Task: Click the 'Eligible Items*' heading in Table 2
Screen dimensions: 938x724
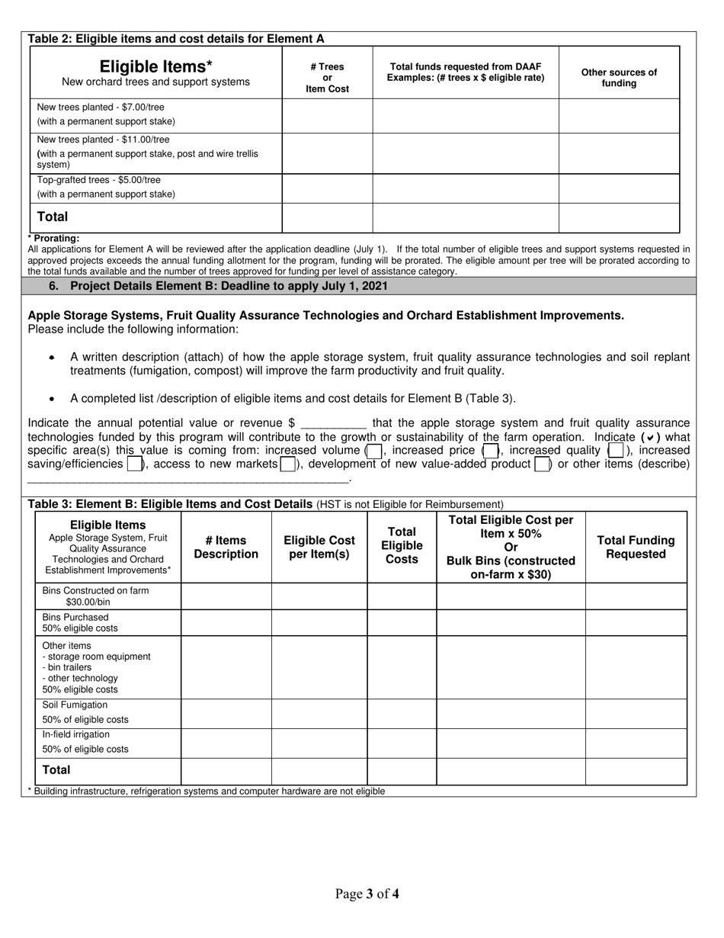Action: (x=155, y=66)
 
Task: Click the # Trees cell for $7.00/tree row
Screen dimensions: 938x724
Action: (x=327, y=116)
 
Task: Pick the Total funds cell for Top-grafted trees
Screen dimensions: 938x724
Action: (x=465, y=188)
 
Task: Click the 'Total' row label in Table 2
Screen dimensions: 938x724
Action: (x=53, y=217)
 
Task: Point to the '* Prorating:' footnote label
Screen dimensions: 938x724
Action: (x=53, y=239)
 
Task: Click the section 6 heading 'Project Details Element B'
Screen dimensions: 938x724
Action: (x=229, y=286)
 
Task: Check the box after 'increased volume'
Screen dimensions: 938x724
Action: (x=373, y=451)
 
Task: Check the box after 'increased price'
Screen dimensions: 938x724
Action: (x=491, y=451)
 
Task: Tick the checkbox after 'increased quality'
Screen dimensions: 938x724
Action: (x=616, y=451)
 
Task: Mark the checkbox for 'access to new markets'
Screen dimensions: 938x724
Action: (x=288, y=464)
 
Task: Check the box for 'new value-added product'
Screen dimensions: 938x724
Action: (x=542, y=464)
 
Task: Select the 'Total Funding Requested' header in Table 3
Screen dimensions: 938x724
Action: (x=636, y=547)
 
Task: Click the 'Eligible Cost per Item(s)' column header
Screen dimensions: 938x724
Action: (x=319, y=547)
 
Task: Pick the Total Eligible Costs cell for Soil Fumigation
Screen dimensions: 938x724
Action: (x=402, y=713)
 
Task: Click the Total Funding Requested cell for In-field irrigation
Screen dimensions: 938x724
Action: (x=636, y=742)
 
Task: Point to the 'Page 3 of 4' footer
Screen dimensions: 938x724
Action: (x=367, y=894)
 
